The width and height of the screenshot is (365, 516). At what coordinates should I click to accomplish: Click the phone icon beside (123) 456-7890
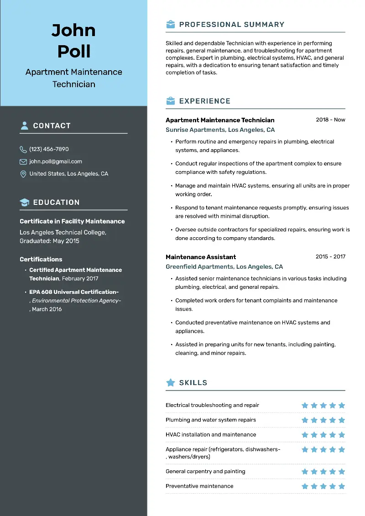[x=23, y=149]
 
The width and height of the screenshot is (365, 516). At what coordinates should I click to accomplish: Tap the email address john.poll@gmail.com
[x=56, y=162]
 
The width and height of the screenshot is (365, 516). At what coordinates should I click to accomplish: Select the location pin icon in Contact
[x=23, y=174]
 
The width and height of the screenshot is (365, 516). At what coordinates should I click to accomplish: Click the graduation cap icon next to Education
[x=24, y=202]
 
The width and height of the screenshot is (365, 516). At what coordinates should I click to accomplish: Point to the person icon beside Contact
[x=24, y=125]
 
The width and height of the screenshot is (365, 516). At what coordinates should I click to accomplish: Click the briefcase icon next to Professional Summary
[x=170, y=25]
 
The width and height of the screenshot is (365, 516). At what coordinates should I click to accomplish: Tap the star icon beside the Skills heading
[x=170, y=383]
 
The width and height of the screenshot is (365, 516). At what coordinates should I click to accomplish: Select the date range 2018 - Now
[x=330, y=120]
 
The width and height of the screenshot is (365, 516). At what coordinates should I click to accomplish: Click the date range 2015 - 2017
[x=330, y=257]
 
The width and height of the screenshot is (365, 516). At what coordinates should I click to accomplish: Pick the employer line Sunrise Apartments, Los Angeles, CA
[x=220, y=130]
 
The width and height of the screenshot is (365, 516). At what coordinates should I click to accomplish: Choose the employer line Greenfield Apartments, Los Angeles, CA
[x=224, y=267]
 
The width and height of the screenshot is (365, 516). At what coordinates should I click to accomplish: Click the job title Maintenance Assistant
[x=201, y=257]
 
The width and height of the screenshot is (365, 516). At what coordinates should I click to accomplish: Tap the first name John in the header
[x=73, y=31]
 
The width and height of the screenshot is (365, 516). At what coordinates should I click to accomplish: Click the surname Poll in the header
[x=73, y=51]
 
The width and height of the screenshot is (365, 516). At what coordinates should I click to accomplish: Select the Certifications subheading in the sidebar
[x=41, y=259]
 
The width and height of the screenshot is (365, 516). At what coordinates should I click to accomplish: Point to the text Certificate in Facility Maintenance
[x=72, y=221]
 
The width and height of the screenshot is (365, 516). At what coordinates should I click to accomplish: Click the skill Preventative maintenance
[x=199, y=486]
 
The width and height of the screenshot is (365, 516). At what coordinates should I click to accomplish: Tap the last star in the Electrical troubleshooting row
[x=342, y=405]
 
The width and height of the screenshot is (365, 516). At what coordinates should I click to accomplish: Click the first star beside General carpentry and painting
[x=305, y=472]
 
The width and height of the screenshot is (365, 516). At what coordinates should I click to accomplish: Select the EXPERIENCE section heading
[x=205, y=101]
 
